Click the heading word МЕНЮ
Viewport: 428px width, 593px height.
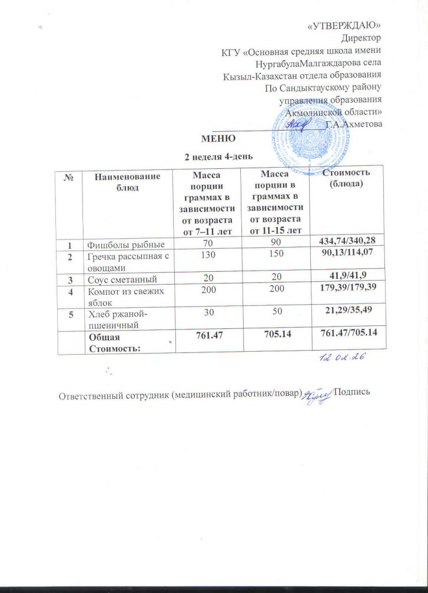[x=218, y=139]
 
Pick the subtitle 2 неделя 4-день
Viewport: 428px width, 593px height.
[x=218, y=156]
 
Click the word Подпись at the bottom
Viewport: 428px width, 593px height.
[x=351, y=392]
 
